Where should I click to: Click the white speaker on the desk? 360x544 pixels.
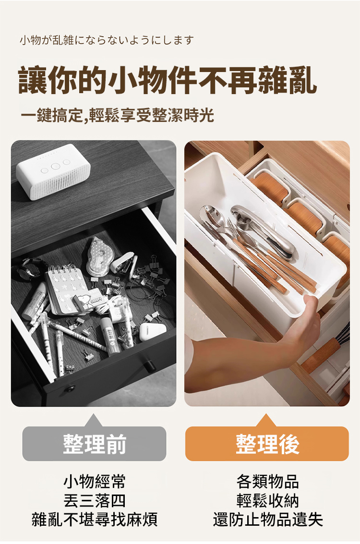(53, 172)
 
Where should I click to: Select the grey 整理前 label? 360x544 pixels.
(95, 444)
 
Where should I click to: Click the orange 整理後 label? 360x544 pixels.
(267, 444)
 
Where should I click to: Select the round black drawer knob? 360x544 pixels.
(149, 365)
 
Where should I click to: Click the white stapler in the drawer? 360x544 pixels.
(123, 263)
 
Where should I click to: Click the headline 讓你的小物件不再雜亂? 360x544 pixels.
(168, 81)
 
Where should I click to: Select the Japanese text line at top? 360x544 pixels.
(107, 41)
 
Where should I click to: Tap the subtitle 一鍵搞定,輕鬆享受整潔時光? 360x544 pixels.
(117, 115)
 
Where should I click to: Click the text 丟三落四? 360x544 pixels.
(95, 501)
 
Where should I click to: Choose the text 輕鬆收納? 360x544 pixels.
(267, 501)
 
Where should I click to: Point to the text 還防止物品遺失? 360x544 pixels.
(268, 520)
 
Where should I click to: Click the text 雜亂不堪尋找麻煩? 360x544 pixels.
(95, 520)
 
